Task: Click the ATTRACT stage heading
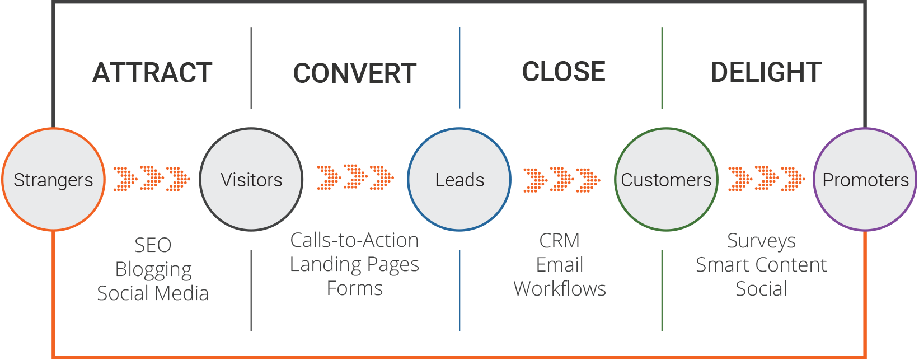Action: [152, 73]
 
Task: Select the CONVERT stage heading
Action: [355, 73]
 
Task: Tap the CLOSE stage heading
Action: [564, 72]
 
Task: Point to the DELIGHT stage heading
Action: [766, 72]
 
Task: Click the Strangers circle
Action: [53, 180]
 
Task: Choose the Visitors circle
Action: [251, 180]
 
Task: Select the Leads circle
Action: [460, 180]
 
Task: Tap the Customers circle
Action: [666, 180]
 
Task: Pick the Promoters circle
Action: [865, 180]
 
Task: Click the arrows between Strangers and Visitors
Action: [152, 179]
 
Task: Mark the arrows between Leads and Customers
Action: [561, 180]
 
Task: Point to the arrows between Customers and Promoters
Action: [766, 179]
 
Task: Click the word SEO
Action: [153, 245]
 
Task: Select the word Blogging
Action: [153, 270]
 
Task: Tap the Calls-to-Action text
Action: [354, 240]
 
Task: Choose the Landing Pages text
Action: [354, 264]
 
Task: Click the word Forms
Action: [354, 288]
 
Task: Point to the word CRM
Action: [559, 241]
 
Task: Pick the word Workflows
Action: [560, 289]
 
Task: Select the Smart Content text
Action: [761, 265]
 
